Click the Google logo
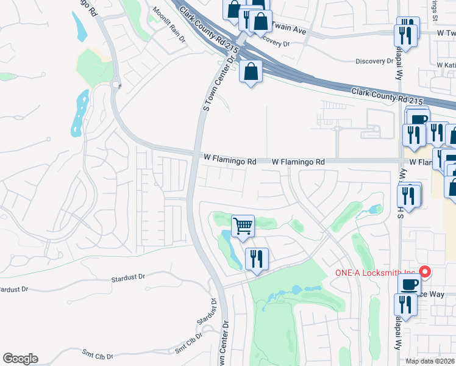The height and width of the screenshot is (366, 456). pyautogui.click(x=20, y=359)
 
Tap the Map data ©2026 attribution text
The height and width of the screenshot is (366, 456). pyautogui.click(x=430, y=361)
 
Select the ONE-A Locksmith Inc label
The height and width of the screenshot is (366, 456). pyautogui.click(x=376, y=273)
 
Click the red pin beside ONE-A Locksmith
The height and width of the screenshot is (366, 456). pyautogui.click(x=425, y=272)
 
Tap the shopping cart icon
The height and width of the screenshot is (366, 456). pyautogui.click(x=243, y=226)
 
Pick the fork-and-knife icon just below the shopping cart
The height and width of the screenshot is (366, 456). pyautogui.click(x=257, y=259)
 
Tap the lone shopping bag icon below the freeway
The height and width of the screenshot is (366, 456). pyautogui.click(x=251, y=72)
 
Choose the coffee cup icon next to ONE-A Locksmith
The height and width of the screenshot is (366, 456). pyautogui.click(x=409, y=284)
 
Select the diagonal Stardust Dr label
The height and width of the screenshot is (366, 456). pyautogui.click(x=207, y=314)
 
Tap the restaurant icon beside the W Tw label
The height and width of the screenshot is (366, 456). pyautogui.click(x=407, y=33)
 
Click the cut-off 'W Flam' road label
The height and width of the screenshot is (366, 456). pyautogui.click(x=421, y=162)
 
